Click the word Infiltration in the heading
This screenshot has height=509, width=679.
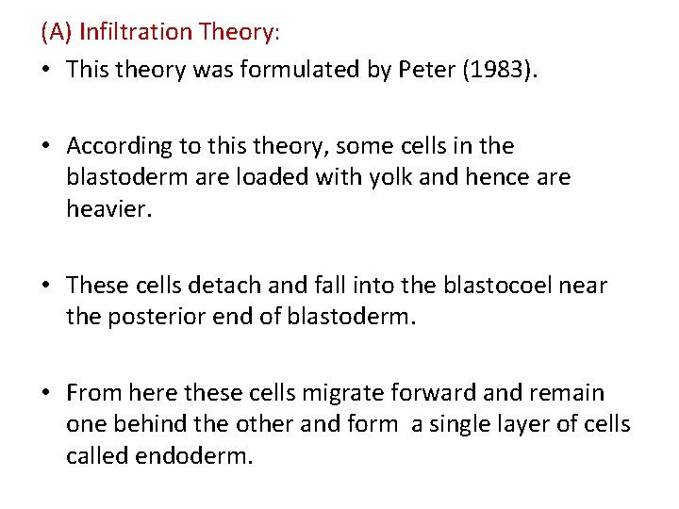click(x=136, y=32)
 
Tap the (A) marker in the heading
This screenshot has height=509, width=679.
click(x=58, y=32)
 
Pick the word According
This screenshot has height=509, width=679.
click(x=120, y=146)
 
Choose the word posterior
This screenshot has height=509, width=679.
click(x=151, y=316)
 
